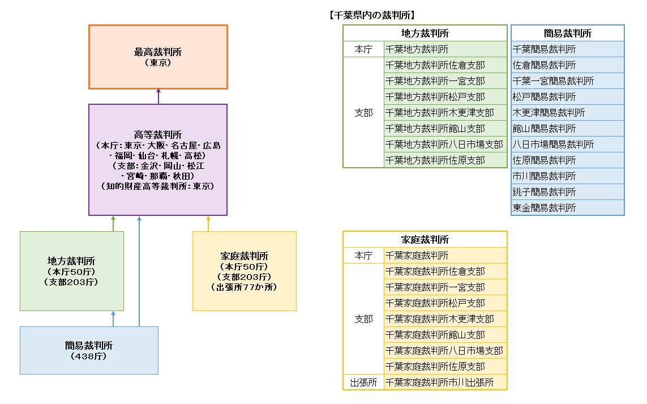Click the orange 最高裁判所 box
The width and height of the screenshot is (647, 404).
(158, 57)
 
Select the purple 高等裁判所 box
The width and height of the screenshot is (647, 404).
(158, 159)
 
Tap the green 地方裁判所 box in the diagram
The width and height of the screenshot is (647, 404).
(71, 271)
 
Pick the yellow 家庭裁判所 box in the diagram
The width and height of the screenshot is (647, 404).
(244, 271)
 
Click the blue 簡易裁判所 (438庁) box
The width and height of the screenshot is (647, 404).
(89, 350)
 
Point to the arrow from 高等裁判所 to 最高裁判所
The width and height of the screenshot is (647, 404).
(158, 96)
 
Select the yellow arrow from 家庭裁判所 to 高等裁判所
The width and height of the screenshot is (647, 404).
(208, 223)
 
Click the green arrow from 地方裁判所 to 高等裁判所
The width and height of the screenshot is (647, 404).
(113, 223)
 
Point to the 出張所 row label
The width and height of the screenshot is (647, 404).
(363, 382)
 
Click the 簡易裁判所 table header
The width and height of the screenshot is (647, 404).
(567, 33)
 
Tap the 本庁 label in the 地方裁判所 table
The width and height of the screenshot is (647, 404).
(363, 49)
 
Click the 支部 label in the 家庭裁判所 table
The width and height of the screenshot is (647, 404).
(363, 319)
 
